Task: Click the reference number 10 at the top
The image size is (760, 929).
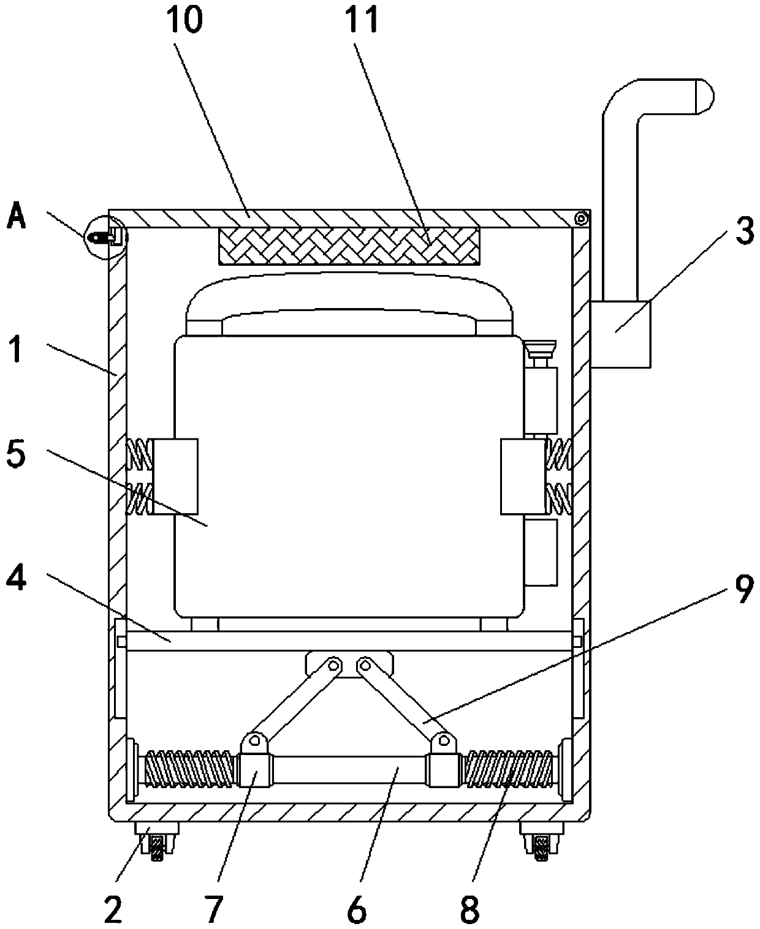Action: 184,20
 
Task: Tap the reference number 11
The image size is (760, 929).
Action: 362,20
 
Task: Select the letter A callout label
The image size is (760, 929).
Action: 17,216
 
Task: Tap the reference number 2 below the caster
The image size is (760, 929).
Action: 113,909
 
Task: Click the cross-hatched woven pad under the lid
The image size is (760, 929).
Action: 349,246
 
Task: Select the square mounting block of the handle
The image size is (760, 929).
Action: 620,334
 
